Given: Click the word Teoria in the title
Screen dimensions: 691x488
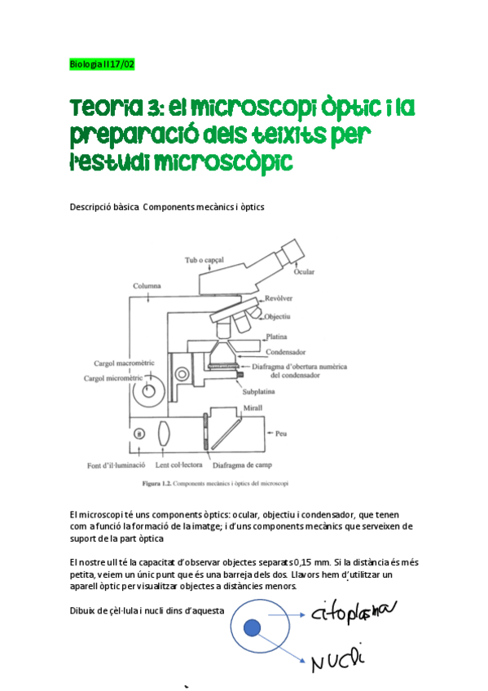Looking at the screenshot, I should click(99, 108).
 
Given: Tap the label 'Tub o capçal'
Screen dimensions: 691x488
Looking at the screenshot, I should click(204, 260).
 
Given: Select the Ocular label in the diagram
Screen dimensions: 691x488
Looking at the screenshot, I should click(304, 271).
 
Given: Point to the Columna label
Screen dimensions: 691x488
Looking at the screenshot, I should click(147, 286).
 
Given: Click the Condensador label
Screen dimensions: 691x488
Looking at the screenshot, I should click(290, 352).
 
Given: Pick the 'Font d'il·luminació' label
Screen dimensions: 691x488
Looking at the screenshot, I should click(116, 466).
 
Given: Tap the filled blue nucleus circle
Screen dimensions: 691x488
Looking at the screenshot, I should click(253, 627).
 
